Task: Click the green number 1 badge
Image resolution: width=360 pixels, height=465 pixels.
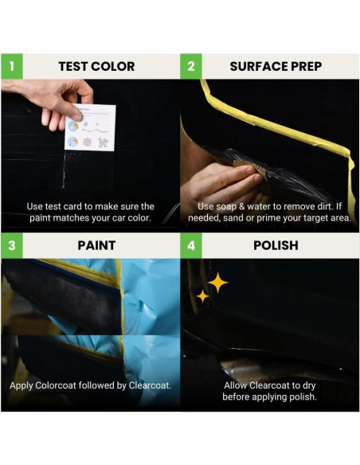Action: point(12,66)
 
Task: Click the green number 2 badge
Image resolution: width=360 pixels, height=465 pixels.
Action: point(191,66)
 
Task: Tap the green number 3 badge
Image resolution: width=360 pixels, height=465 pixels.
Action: point(12,245)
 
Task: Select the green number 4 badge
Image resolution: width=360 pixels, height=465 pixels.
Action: point(191,245)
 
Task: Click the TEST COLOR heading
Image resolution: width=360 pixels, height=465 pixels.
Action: point(96,66)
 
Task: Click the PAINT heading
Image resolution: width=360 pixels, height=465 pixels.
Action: point(96,245)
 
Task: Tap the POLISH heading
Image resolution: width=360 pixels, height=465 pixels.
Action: point(276,245)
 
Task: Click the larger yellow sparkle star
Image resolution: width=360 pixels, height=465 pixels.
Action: point(217,282)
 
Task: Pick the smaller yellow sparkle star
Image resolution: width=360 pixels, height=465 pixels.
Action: point(203,296)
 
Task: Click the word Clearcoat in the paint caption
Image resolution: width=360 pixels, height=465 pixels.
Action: point(146,385)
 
